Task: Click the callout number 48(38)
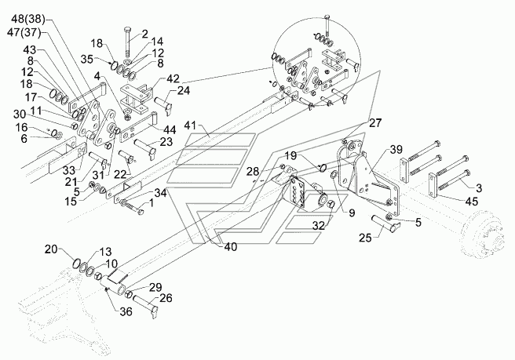(x=28, y=20)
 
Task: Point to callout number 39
(x=396, y=150)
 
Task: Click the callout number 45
(x=472, y=201)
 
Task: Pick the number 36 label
(x=125, y=311)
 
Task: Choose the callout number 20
(x=52, y=249)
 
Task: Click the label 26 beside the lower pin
(x=166, y=298)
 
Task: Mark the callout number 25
(x=365, y=238)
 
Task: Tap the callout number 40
(x=230, y=247)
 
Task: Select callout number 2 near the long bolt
(x=144, y=34)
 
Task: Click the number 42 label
(x=173, y=78)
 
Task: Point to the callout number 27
(x=375, y=122)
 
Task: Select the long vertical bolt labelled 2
(x=127, y=42)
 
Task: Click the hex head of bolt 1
(x=141, y=213)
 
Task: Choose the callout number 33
(x=69, y=170)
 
